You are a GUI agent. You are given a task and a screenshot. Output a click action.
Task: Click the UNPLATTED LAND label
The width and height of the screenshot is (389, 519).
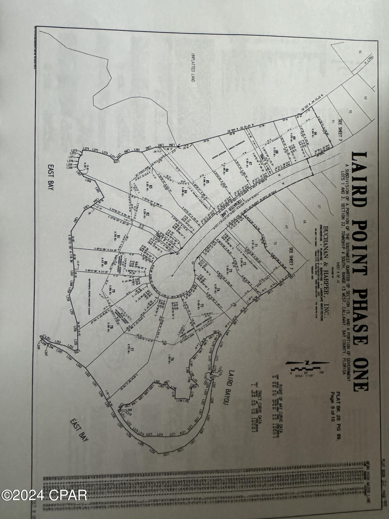tap(193, 68)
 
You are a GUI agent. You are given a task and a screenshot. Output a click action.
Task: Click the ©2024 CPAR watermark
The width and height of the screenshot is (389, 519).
tap(44, 495)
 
